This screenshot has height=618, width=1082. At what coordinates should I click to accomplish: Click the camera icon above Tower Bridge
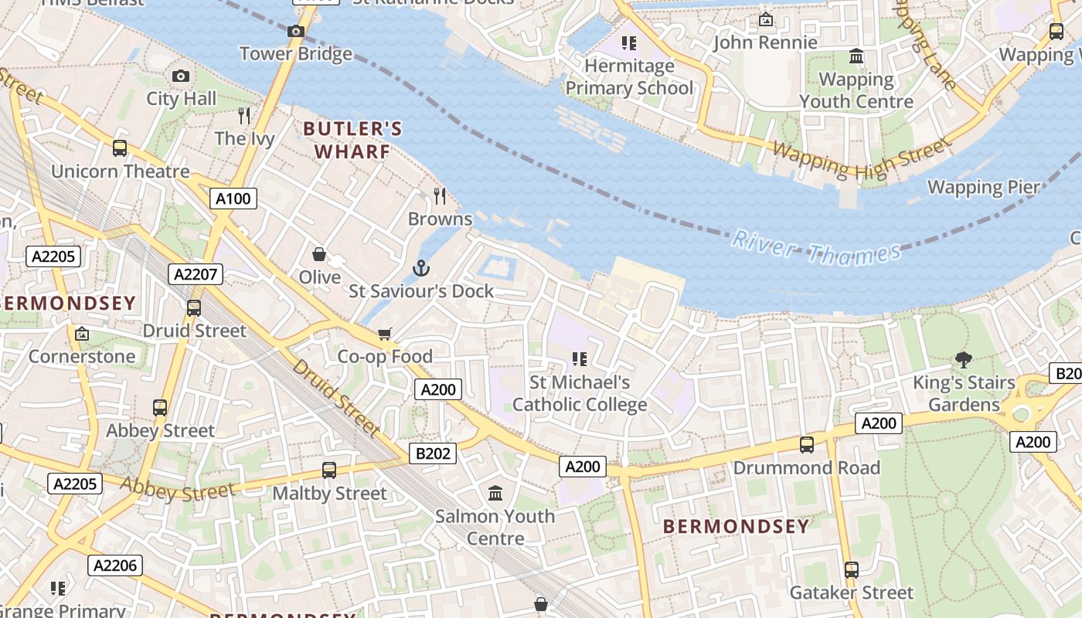[x=295, y=32]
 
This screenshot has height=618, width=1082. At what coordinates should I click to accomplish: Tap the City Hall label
[x=182, y=99]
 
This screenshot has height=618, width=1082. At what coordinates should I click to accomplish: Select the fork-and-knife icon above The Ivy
[x=244, y=116]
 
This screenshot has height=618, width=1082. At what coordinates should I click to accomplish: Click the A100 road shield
[x=233, y=199]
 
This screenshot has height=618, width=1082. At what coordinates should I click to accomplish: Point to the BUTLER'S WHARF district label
[x=352, y=140]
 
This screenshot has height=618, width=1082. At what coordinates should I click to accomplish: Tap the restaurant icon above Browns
[x=440, y=196]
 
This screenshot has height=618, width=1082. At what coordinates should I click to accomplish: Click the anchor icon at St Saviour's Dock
[x=421, y=269]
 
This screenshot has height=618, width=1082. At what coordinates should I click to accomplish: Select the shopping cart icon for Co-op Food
[x=384, y=334]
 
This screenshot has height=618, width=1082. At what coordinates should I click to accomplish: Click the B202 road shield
[x=433, y=453]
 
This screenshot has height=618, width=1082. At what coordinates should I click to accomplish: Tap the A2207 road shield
[x=196, y=274]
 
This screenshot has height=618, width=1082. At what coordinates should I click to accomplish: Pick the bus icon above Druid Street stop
[x=194, y=307]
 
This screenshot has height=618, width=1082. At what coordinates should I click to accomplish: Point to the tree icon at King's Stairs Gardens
[x=963, y=359]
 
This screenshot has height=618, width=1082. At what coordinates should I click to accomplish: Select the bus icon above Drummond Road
[x=807, y=445]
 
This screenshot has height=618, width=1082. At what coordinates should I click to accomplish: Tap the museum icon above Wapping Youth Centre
[x=856, y=56]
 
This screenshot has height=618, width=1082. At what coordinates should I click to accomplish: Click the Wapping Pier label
[x=984, y=187]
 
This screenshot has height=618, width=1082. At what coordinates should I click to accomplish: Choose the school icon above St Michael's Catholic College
[x=580, y=358]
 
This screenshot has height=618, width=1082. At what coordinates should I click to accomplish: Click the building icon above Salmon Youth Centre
[x=495, y=493]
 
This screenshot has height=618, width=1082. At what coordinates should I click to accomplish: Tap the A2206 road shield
[x=115, y=565]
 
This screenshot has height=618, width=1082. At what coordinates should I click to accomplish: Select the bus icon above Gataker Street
[x=851, y=570]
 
